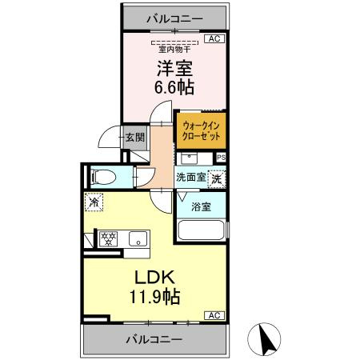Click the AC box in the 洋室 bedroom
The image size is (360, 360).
[214, 38]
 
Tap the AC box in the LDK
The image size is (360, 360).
[214, 315]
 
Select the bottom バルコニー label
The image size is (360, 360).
[154, 339]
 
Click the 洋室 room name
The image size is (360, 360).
[175, 67]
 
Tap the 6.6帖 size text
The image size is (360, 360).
[175, 87]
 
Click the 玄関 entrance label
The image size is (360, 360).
[134, 138]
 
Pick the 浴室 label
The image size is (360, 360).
[202, 207]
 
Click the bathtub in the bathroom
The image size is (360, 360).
[202, 232]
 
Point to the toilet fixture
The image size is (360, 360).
[102, 177]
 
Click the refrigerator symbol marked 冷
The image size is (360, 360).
[94, 203]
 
